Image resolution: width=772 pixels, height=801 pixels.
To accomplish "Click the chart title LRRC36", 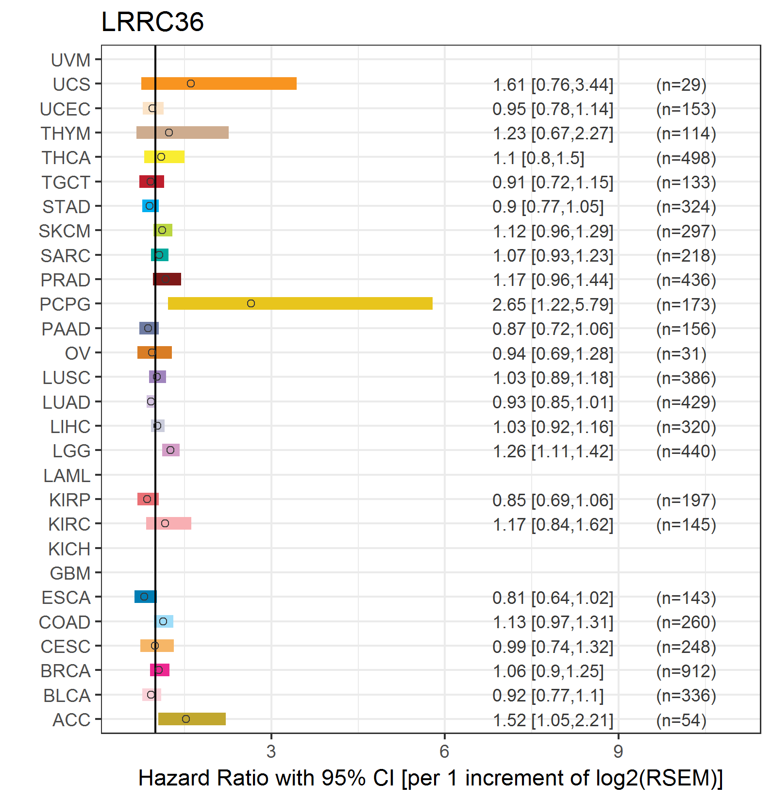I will [x=152, y=22].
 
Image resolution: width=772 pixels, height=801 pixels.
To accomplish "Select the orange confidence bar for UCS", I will [x=218, y=83].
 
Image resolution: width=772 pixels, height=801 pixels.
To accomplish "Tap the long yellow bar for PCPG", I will [x=300, y=303].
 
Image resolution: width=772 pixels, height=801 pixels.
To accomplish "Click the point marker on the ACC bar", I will [x=186, y=719].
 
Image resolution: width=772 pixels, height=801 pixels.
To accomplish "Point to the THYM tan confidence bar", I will [x=182, y=133].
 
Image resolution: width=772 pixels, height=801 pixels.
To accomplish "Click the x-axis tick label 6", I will [x=444, y=751].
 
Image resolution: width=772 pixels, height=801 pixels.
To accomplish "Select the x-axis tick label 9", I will [x=618, y=751].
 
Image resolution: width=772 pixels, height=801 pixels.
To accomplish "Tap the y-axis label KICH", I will [x=69, y=549].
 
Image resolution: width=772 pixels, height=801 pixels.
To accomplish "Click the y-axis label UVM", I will [x=71, y=60].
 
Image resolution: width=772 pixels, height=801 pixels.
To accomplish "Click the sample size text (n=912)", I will [x=686, y=671].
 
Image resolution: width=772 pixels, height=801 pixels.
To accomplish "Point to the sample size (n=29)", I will [x=681, y=85].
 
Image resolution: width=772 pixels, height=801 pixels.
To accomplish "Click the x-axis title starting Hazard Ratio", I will [x=430, y=778].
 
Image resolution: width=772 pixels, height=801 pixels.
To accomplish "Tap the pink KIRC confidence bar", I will [x=168, y=523].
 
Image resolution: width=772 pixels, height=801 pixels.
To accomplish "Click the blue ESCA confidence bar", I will [x=145, y=597].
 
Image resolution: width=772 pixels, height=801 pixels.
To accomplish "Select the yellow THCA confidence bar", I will [x=164, y=157].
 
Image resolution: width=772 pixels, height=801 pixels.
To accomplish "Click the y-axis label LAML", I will [x=67, y=476].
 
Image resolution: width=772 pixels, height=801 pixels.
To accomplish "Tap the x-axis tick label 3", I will [x=271, y=751].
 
